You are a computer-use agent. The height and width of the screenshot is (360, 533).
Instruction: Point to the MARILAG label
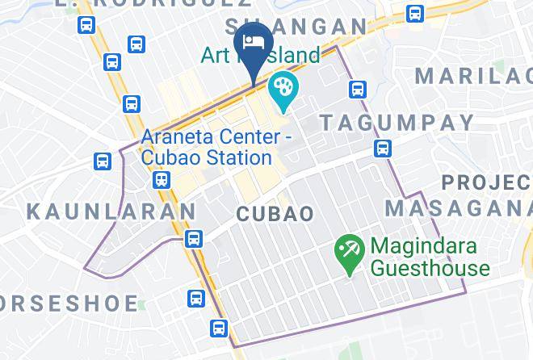(x=473, y=76)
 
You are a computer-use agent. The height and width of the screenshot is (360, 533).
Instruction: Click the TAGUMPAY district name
(x=397, y=123)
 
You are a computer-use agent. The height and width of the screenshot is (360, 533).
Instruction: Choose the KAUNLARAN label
(x=111, y=211)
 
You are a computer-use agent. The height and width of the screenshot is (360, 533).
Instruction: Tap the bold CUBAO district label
(x=275, y=213)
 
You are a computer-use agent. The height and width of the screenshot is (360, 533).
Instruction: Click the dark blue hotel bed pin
(x=254, y=44)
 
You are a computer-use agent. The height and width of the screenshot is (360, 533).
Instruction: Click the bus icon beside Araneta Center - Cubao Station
(x=162, y=180)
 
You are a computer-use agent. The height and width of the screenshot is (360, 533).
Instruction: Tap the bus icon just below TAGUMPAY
(x=384, y=148)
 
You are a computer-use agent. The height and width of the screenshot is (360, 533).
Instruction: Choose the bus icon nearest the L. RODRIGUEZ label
(x=87, y=25)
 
